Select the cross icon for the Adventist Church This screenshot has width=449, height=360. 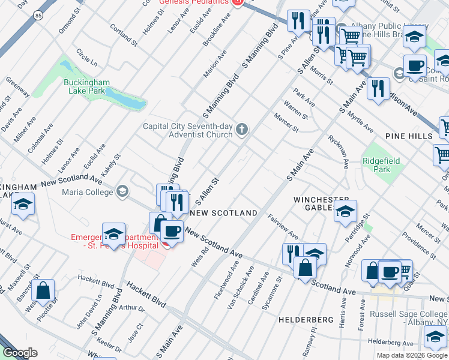pyautogui.click(x=242, y=130)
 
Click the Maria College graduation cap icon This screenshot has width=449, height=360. pyautogui.click(x=122, y=192)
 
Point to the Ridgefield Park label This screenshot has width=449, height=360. pyautogui.click(x=381, y=165)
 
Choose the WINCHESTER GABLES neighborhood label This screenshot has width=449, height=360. pyautogui.click(x=321, y=203)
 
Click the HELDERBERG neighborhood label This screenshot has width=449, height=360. pyautogui.click(x=306, y=320)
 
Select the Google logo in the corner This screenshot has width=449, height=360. pyautogui.click(x=20, y=353)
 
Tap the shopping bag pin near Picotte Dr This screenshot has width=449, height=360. pyautogui.click(x=43, y=291)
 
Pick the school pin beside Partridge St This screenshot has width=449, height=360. pyautogui.click(x=346, y=212)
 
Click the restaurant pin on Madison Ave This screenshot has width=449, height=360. pyautogui.click(x=378, y=88)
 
